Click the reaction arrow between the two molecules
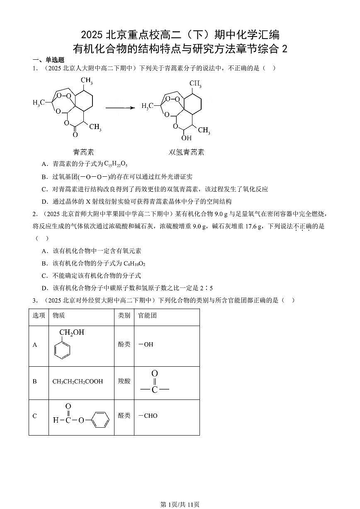point(120,108)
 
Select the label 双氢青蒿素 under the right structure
point(186,152)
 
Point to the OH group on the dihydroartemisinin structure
point(186,138)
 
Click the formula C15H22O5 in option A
point(116,164)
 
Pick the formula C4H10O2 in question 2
point(134,263)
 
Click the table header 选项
point(39,316)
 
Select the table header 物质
point(58,316)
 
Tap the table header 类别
point(124,316)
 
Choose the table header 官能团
point(148,316)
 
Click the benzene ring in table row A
point(62,349)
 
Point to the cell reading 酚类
point(124,344)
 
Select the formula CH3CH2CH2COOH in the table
point(78,382)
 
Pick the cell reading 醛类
point(124,416)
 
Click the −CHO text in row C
point(148,416)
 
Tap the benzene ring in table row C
point(99,420)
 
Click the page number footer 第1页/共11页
point(180,504)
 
